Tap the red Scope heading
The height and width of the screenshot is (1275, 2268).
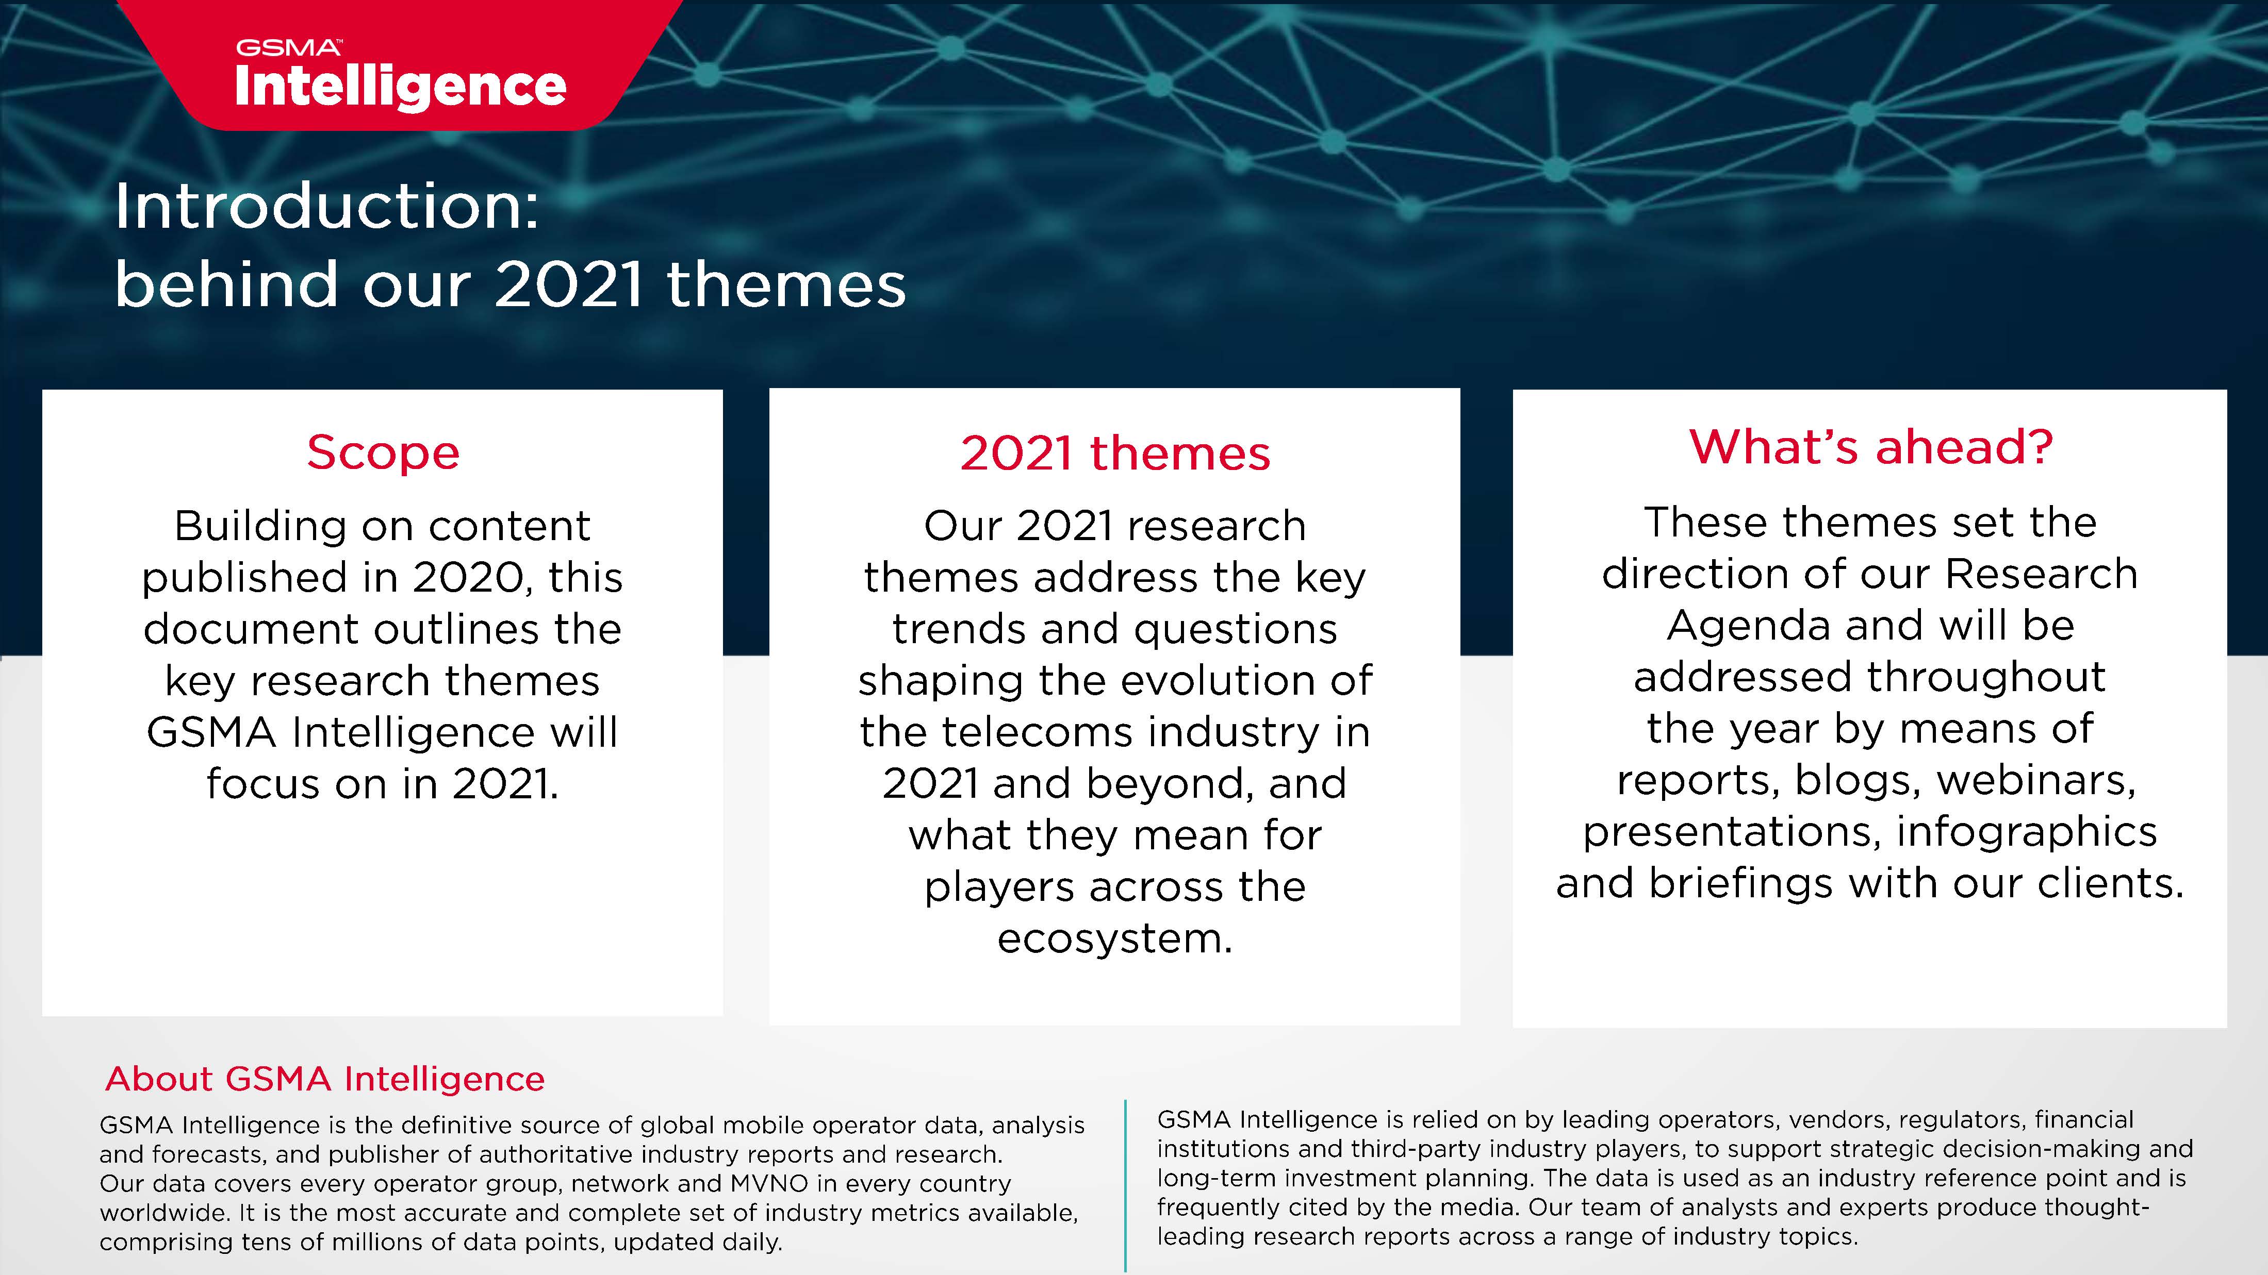point(383,453)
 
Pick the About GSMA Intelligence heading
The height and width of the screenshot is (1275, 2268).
point(325,1079)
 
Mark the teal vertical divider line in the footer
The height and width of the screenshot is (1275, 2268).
point(1125,1183)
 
